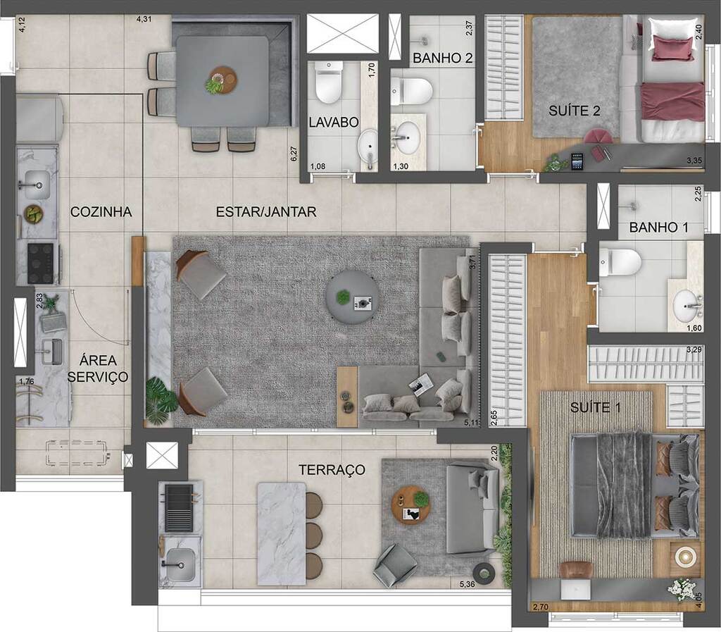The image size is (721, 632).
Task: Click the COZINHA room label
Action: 101,211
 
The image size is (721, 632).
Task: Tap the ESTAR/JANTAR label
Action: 266,211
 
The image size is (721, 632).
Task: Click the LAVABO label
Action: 334,122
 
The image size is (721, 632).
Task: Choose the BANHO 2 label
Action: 442,58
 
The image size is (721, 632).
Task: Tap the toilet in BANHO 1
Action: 620,261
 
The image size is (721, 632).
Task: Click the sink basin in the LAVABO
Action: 368,146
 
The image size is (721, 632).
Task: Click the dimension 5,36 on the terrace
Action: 467,583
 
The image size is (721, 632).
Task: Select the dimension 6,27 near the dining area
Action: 294,154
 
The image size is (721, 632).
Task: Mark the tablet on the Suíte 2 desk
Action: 577,161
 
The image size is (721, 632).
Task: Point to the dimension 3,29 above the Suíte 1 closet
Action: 694,349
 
